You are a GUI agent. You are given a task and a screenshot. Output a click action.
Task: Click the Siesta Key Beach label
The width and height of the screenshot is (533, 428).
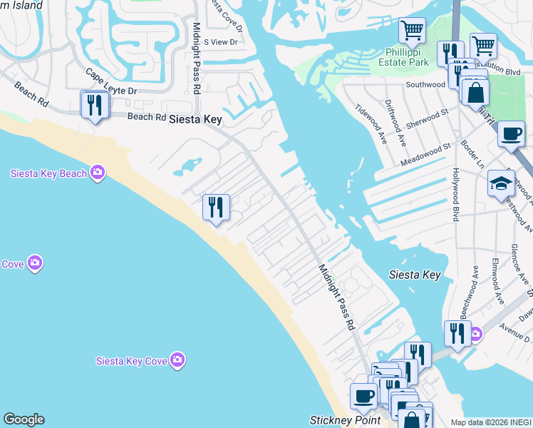point(48,173)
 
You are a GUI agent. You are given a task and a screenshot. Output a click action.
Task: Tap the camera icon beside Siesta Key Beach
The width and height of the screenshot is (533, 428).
point(98,173)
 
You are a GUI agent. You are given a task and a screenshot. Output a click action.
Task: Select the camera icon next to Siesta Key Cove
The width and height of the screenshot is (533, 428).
point(177,360)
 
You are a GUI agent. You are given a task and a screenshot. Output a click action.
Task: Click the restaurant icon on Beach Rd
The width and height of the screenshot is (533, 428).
point(94,106)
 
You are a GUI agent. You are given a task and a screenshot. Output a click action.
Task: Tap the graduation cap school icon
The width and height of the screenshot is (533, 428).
point(501,183)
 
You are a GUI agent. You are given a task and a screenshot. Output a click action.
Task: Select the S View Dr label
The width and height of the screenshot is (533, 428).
point(220,42)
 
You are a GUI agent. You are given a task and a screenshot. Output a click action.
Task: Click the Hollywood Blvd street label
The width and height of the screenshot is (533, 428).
point(456,195)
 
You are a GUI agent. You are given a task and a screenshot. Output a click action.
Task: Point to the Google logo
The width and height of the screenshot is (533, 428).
point(24,419)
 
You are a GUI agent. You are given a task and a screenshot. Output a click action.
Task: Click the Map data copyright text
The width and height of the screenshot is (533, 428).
point(491,422)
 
